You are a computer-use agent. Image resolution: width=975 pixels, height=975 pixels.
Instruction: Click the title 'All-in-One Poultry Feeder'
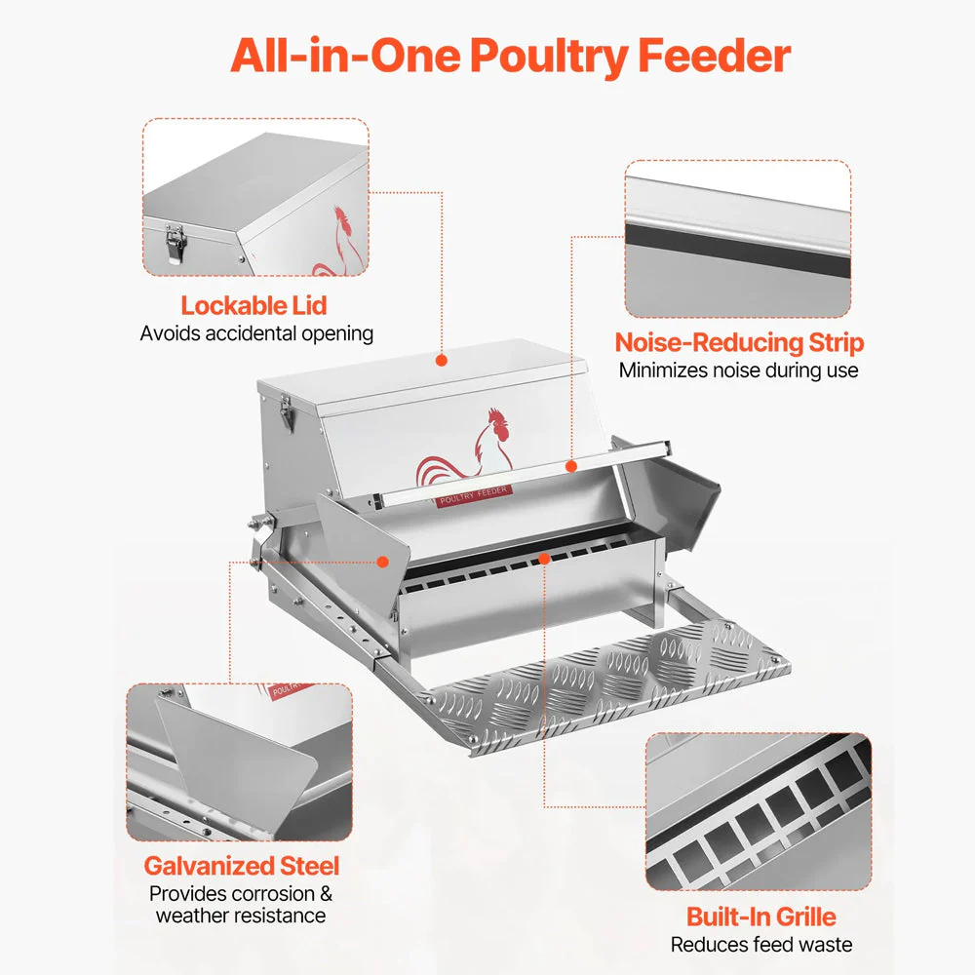point(511,57)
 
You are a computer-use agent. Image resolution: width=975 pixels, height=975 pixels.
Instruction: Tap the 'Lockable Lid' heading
point(253,305)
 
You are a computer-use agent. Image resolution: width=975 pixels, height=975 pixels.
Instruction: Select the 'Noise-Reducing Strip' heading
point(739,342)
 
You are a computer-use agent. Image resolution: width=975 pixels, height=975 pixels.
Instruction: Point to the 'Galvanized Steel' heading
point(241,866)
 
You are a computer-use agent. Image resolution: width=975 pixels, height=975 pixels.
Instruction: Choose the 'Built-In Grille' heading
point(761,916)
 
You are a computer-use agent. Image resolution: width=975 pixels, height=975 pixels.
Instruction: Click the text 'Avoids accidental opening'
point(256,333)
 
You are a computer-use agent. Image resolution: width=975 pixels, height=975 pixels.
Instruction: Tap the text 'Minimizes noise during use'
point(739,370)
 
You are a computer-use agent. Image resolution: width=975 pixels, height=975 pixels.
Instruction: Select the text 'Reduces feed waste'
point(761,945)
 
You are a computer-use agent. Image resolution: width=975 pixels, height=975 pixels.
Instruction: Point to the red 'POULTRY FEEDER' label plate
point(474,495)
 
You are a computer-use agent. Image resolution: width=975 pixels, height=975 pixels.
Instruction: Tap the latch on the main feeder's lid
point(287,412)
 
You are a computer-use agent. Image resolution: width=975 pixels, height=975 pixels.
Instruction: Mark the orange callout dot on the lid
point(442,361)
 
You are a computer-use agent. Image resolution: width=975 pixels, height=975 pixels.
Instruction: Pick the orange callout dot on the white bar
point(571,466)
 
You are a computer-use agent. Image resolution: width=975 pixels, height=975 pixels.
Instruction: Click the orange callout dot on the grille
point(544,559)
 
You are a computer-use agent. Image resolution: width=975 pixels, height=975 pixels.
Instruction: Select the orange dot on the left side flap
point(383,562)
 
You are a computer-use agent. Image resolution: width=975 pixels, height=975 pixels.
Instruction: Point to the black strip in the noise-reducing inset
point(737,251)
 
